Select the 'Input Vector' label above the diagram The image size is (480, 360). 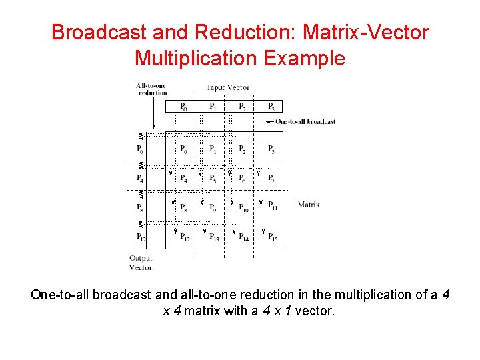pos(229,87)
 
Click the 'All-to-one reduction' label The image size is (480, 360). pos(152,89)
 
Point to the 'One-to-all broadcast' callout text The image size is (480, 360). pos(305,121)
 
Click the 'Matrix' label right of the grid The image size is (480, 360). pos(309,205)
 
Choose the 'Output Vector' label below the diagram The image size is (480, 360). pos(141,263)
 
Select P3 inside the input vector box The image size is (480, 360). pos(271,107)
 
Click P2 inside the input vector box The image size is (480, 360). pos(242,107)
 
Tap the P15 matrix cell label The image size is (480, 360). pos(273,237)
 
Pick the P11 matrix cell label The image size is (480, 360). pos(273,206)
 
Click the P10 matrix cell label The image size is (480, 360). pos(244,207)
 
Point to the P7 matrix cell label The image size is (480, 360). pos(271,178)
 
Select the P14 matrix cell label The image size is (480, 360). pos(244,237)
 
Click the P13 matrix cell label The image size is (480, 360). pos(215,237)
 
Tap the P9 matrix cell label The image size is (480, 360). pos(213,207)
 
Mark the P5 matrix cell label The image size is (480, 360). pos(213,178)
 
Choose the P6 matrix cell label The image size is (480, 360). pos(242,178)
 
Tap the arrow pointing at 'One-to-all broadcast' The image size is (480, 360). pos(271,121)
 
